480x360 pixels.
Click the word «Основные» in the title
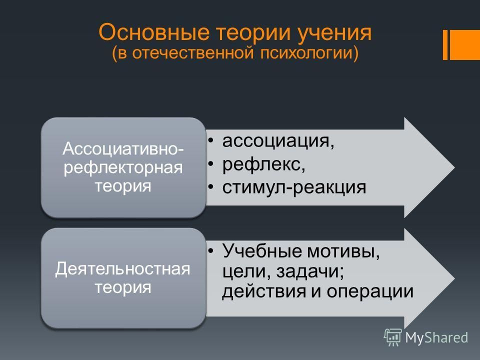(x=154, y=32)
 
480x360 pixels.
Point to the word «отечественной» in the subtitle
(x=193, y=52)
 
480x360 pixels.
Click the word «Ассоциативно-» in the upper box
(x=123, y=149)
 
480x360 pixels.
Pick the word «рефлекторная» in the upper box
(x=123, y=168)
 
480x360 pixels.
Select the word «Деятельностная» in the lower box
(x=123, y=269)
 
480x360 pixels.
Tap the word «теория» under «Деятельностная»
(x=123, y=288)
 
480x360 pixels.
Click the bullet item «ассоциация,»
(x=278, y=141)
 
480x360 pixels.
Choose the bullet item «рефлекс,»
(x=264, y=164)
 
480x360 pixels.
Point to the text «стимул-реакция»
(x=294, y=187)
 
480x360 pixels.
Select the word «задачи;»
(x=310, y=271)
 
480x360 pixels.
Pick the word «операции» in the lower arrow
(x=370, y=292)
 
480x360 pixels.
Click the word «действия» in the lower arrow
(x=264, y=291)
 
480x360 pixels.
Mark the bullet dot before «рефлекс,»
(x=210, y=164)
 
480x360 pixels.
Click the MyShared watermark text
(x=436, y=337)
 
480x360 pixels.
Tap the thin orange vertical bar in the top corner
(x=445, y=45)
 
